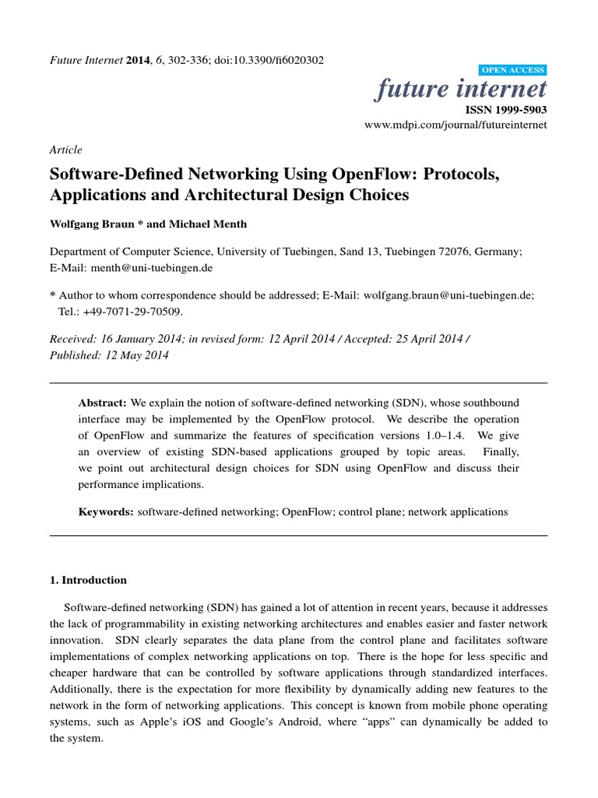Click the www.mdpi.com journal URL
[x=456, y=124]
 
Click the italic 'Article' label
[x=65, y=150]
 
